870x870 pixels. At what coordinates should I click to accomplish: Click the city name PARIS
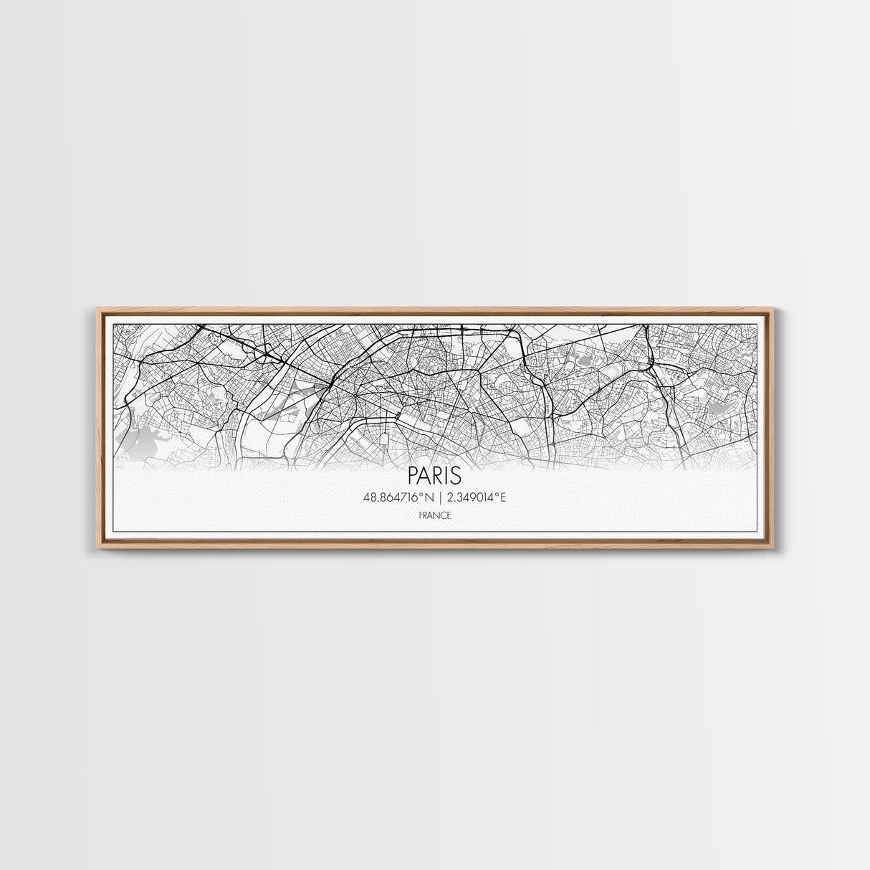coord(434,475)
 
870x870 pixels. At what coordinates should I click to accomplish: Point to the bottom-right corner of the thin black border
coord(757,532)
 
